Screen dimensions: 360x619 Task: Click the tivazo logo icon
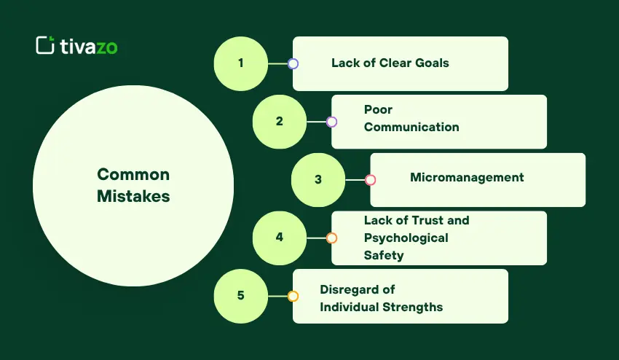[45, 45]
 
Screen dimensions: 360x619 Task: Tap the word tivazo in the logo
[88, 46]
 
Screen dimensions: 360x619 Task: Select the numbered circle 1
[241, 63]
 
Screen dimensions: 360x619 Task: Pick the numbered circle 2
[280, 122]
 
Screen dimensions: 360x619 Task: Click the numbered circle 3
[318, 180]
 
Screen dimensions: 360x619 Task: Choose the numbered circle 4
[280, 238]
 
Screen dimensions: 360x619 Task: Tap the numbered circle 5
[241, 296]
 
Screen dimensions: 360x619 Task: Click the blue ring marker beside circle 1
[293, 63]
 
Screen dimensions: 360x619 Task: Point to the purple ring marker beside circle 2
[331, 122]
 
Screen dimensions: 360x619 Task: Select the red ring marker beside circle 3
[370, 180]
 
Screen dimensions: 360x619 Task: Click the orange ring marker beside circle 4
[331, 238]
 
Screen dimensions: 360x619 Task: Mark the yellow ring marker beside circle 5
[293, 296]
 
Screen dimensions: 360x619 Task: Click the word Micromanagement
[467, 177]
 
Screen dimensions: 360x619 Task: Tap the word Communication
[411, 127]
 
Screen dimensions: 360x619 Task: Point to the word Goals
[433, 63]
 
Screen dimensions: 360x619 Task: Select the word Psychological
[406, 238]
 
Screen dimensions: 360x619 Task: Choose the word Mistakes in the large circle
[133, 196]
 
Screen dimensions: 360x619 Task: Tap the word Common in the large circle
[133, 174]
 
